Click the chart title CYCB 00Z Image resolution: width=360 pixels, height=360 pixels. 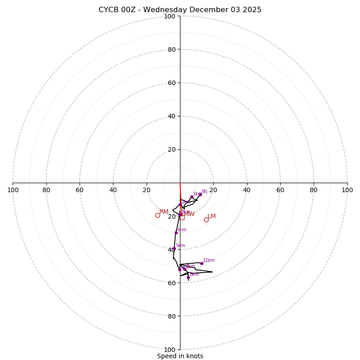(180, 10)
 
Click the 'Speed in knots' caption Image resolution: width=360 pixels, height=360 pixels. (180, 356)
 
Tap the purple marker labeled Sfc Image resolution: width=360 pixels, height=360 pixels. (200, 195)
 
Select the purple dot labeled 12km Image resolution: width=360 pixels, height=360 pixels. (202, 263)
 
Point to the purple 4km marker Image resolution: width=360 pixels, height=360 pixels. (176, 233)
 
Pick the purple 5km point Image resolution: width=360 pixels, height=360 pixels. (174, 248)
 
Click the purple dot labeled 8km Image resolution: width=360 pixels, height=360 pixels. (188, 277)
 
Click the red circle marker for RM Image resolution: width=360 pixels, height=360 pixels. (157, 215)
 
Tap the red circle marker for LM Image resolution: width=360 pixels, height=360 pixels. (206, 220)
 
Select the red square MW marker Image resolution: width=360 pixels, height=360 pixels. (182, 217)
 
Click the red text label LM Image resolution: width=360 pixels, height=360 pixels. (211, 216)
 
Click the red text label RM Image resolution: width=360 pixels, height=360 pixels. (164, 211)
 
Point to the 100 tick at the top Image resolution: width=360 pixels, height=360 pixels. (170, 16)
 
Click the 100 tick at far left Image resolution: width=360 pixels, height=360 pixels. (13, 190)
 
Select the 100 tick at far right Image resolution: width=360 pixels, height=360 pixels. (347, 190)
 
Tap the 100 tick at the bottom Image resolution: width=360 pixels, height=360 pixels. (170, 349)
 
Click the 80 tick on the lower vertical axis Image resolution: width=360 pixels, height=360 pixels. (171, 316)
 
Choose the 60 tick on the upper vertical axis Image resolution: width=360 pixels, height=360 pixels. (171, 83)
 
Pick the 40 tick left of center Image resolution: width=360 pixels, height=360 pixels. (113, 190)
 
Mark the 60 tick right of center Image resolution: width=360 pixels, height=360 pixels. (280, 190)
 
